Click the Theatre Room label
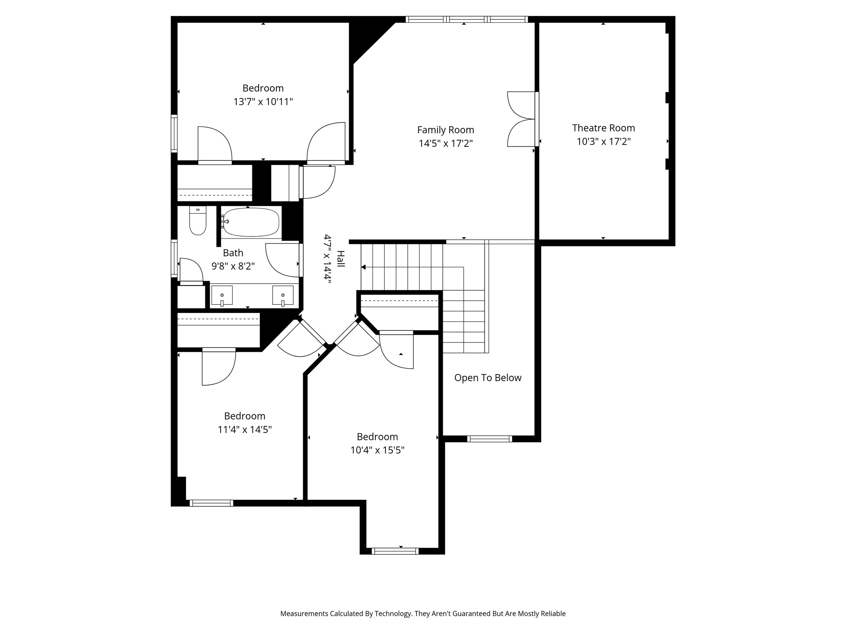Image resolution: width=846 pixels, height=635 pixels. (603, 128)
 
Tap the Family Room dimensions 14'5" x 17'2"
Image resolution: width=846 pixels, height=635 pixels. (445, 143)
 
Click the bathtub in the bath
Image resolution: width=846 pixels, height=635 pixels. (250, 222)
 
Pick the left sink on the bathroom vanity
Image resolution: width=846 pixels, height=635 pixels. (222, 295)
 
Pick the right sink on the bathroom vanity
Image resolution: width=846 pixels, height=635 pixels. (283, 295)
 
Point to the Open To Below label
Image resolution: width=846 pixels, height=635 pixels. (487, 377)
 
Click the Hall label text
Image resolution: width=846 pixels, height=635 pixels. (340, 259)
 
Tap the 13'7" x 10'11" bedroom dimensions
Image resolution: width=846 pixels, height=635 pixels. (263, 102)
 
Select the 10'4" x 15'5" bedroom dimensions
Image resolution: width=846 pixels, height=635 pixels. (377, 450)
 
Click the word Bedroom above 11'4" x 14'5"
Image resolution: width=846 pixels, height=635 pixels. (245, 416)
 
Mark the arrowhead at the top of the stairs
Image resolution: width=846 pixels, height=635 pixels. (364, 267)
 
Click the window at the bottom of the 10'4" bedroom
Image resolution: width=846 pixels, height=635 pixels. (395, 551)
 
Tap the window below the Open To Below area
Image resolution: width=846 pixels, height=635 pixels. (490, 439)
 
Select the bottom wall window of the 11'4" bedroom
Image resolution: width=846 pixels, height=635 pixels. (211, 503)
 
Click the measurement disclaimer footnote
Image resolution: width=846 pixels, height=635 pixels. (423, 614)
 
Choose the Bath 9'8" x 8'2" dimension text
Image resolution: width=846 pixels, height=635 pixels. (233, 266)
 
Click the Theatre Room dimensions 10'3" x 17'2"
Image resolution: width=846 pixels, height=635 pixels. (603, 141)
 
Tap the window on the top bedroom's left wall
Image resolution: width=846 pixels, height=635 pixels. (174, 133)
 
